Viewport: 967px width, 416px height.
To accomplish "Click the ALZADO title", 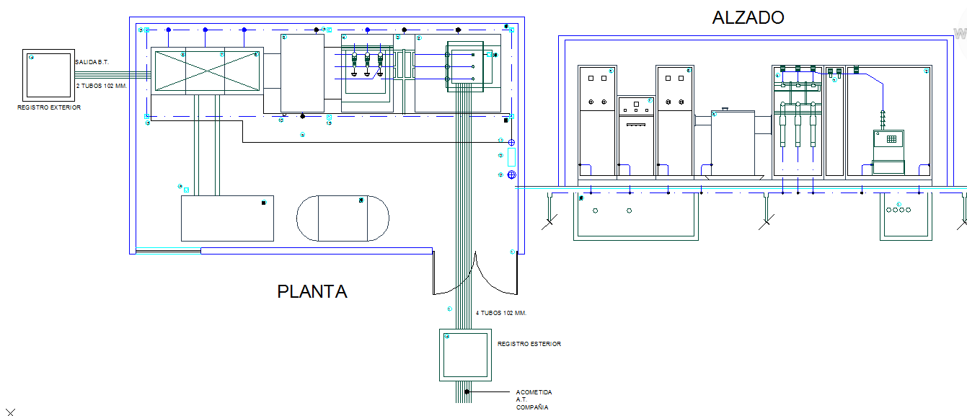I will (747, 17).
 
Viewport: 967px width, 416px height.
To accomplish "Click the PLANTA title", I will (312, 291).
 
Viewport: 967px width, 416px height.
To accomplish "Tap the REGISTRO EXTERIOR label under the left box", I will (49, 107).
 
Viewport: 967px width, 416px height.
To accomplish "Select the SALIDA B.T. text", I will (92, 63).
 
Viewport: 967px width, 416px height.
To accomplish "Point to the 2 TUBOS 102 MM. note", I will (102, 86).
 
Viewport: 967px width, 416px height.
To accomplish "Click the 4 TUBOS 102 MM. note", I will (501, 313).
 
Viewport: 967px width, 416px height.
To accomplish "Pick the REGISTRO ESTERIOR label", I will (529, 344).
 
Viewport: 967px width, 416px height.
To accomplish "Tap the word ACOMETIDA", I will (534, 392).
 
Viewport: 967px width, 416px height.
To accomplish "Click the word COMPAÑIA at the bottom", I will (531, 407).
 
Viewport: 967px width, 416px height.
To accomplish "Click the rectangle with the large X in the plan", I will (206, 70).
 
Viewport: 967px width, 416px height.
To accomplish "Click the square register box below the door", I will (465, 355).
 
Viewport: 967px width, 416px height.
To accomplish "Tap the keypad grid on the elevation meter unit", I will (891, 139).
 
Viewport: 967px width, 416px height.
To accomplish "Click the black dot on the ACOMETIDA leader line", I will (467, 392).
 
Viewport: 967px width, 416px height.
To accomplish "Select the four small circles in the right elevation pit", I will (898, 211).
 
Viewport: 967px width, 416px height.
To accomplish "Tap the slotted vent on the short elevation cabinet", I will (635, 125).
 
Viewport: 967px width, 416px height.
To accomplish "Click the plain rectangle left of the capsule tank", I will (227, 218).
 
